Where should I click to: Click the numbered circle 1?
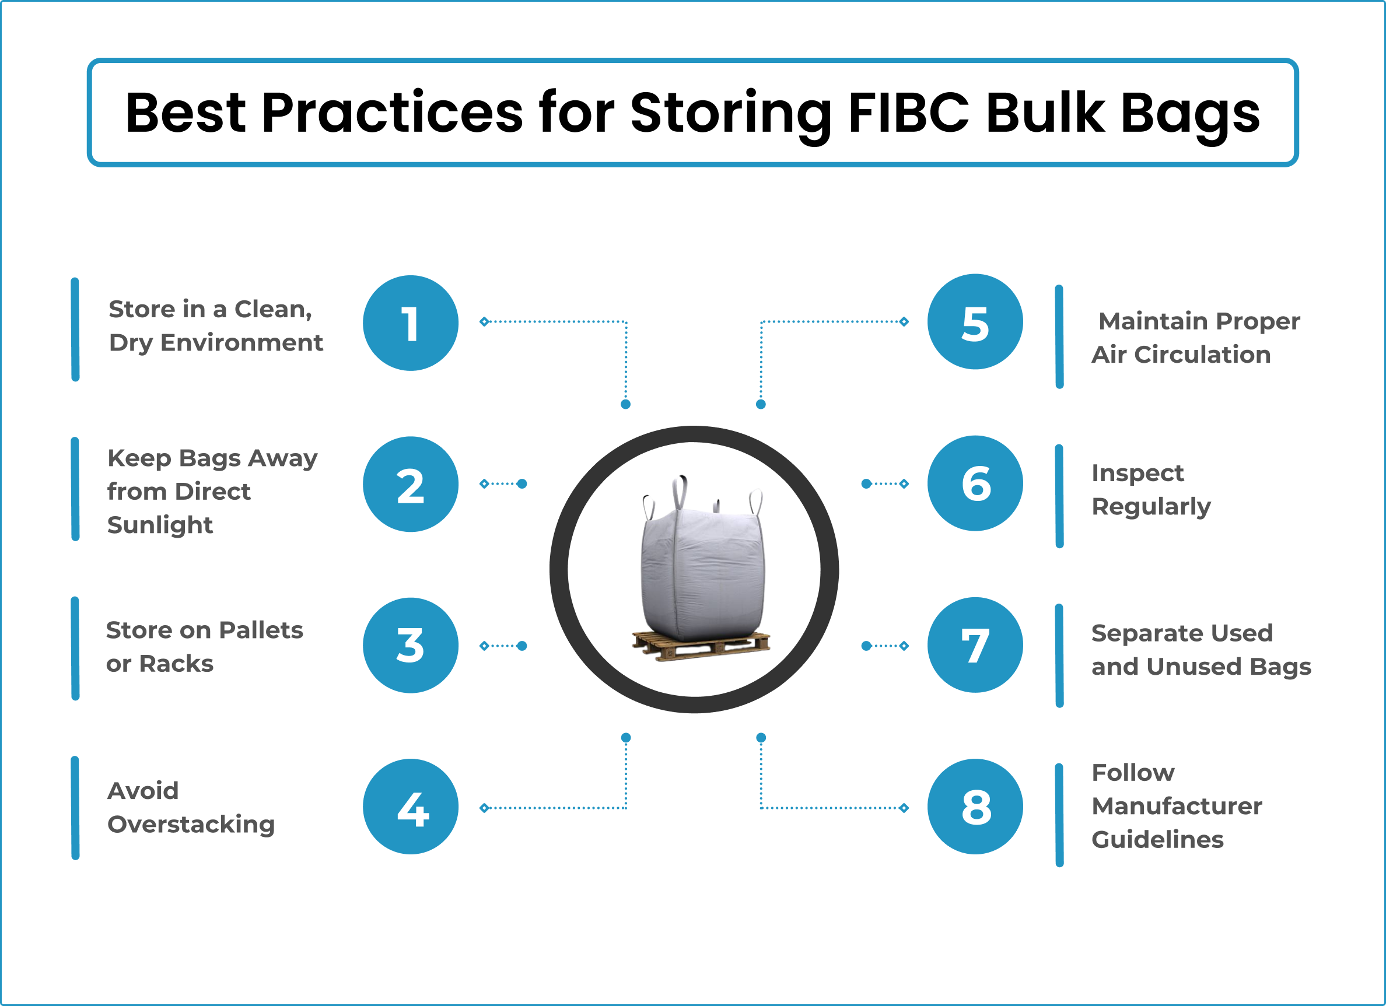[x=411, y=323]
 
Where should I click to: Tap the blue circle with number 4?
[x=411, y=807]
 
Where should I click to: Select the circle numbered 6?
[x=975, y=483]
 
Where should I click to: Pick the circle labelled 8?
[x=975, y=807]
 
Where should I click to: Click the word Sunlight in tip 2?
[x=160, y=525]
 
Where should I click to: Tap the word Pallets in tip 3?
[x=261, y=630]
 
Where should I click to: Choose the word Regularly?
[x=1151, y=507]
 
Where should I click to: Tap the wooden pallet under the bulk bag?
[x=701, y=646]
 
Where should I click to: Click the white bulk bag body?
[x=702, y=574]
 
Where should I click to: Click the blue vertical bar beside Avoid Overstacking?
[x=75, y=808]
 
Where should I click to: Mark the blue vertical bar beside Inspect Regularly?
[x=1059, y=496]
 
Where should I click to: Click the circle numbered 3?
[x=411, y=645]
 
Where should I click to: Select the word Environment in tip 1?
[x=242, y=343]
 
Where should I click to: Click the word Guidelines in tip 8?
[x=1157, y=840]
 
